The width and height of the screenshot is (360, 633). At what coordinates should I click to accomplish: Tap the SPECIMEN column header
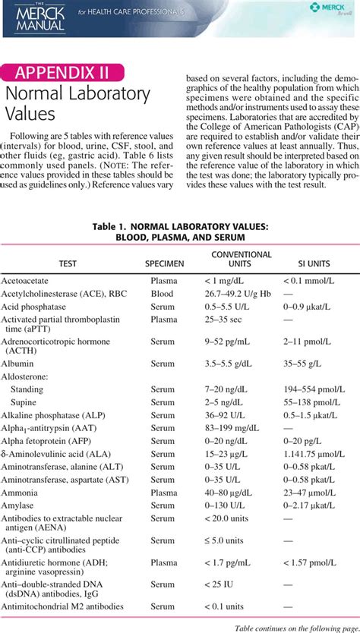[164, 263]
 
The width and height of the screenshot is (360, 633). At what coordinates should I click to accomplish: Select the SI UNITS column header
[307, 263]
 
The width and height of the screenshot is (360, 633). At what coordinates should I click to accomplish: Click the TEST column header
[68, 263]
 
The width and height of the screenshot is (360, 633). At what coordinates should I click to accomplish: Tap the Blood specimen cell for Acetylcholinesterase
[162, 293]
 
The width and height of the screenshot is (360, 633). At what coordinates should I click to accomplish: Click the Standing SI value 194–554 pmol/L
[314, 389]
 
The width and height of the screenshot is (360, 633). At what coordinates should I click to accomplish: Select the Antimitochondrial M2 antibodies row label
[61, 607]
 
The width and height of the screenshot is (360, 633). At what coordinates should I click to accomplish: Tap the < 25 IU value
[221, 585]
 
